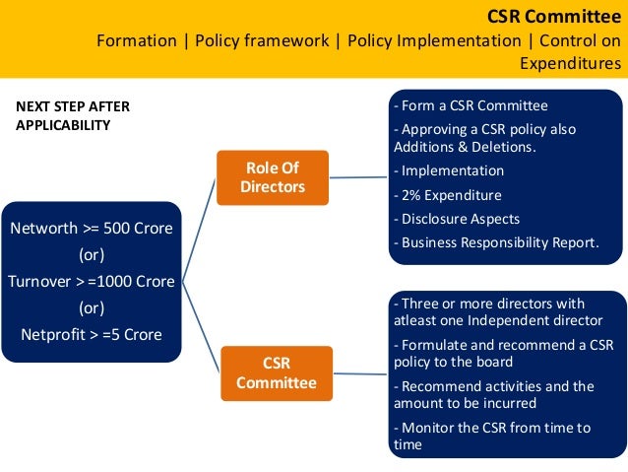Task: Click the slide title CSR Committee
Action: tap(554, 16)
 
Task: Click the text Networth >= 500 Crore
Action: tap(92, 229)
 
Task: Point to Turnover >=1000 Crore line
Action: tap(92, 281)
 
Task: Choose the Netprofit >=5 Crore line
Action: tap(92, 333)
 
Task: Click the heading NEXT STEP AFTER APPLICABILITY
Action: tap(73, 115)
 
